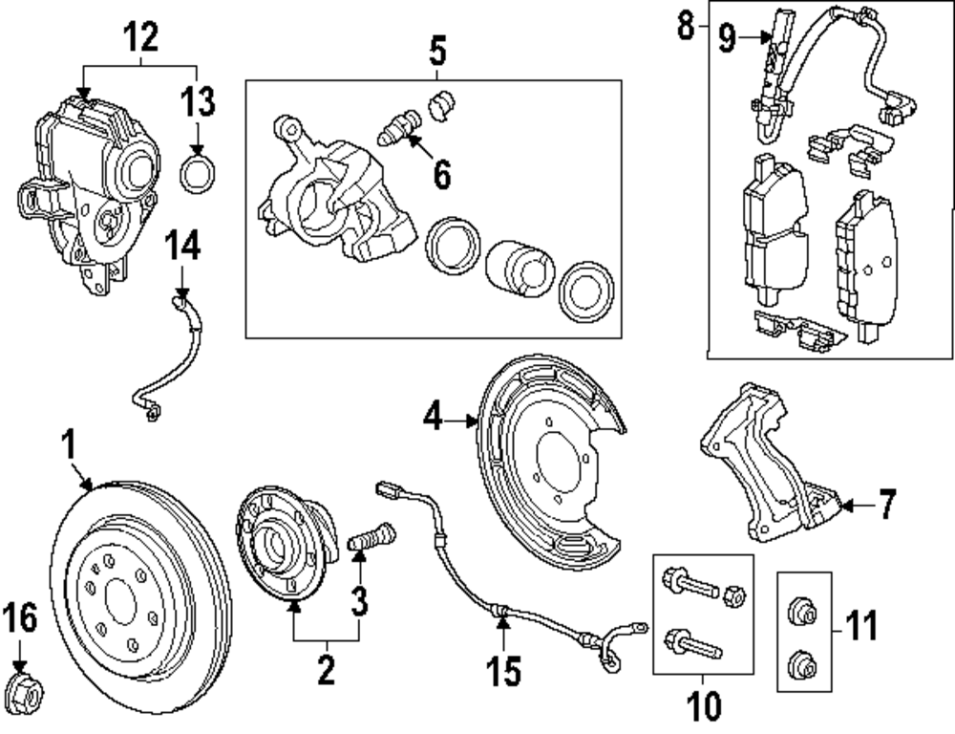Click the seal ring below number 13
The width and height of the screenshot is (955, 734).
click(x=198, y=174)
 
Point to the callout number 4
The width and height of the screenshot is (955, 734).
click(x=434, y=419)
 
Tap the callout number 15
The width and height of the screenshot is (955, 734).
click(x=504, y=670)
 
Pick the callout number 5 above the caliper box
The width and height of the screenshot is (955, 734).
click(x=436, y=48)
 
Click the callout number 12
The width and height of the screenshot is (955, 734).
click(x=140, y=37)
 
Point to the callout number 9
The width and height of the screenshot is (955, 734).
click(x=727, y=37)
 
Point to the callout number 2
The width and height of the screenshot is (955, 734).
click(x=326, y=670)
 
